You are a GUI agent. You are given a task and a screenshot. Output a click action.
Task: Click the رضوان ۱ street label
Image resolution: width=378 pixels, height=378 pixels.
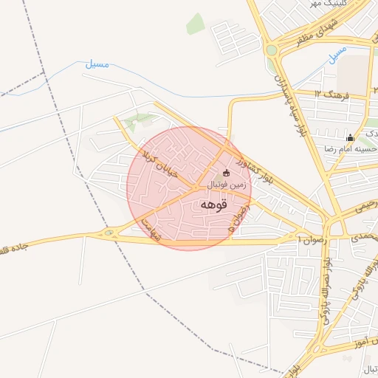click(x=310, y=239)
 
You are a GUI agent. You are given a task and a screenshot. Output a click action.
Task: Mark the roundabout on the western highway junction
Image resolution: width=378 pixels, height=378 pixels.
click(x=110, y=235)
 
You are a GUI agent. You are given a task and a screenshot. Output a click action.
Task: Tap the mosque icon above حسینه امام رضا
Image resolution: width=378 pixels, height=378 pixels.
click(x=350, y=137)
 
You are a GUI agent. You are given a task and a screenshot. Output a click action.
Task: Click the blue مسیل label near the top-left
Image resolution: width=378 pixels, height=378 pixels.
click(x=97, y=66)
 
